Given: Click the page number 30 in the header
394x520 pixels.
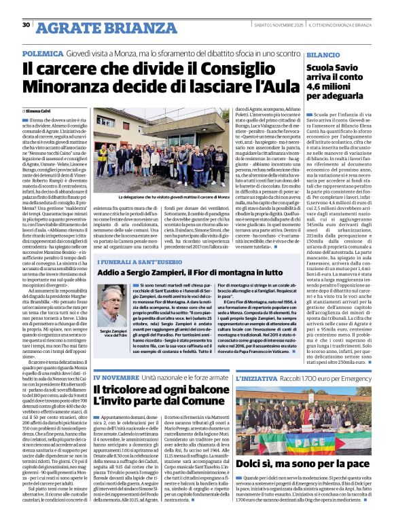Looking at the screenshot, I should [x=26, y=25].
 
